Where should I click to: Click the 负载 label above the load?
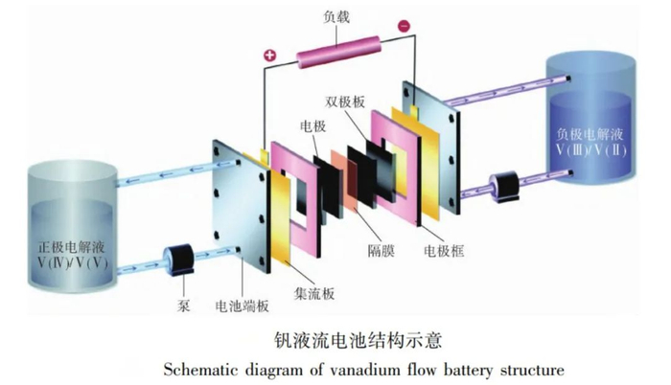coord(336,16)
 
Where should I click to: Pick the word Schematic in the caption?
coord(197,369)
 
